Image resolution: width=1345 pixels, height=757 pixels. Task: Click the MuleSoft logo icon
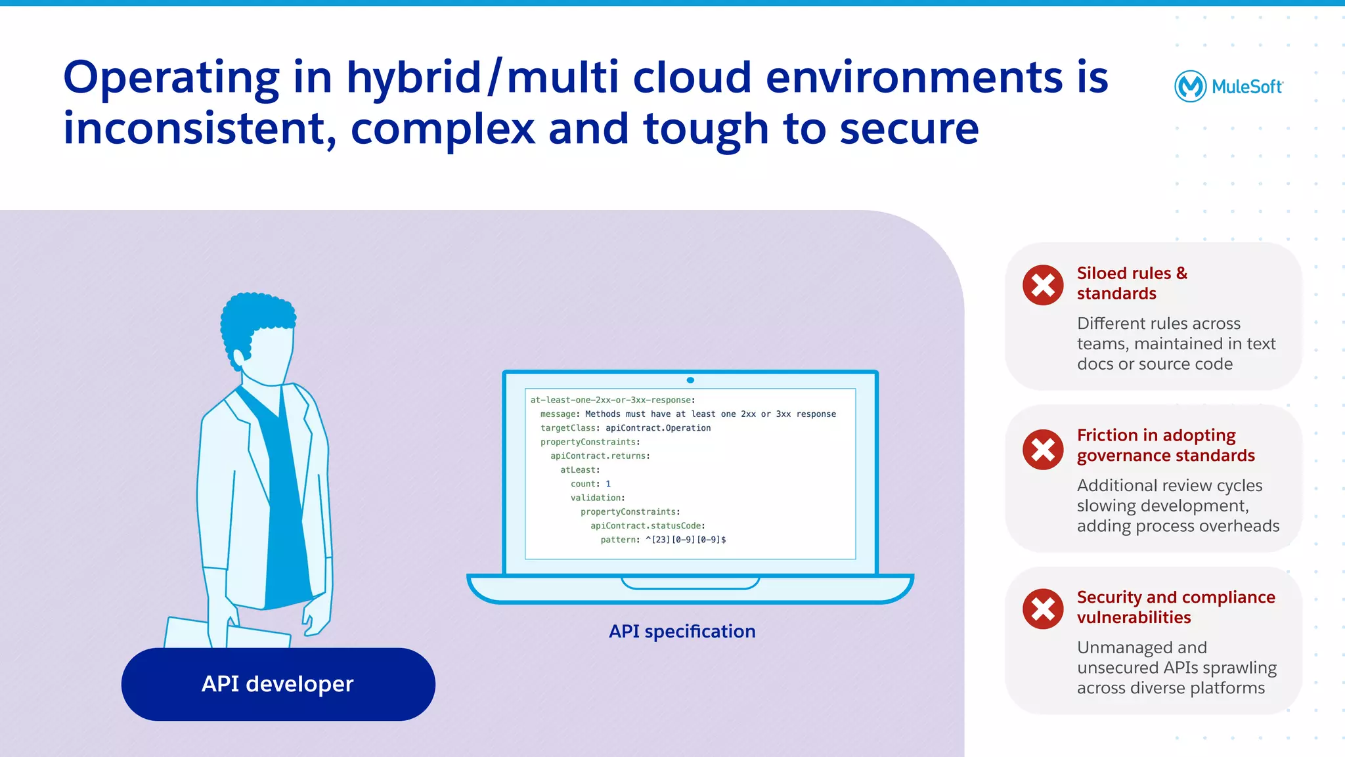click(1190, 86)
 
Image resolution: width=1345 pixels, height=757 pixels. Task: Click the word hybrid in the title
click(414, 78)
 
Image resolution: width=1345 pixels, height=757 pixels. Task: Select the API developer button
click(278, 684)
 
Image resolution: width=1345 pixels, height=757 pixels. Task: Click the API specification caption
click(682, 631)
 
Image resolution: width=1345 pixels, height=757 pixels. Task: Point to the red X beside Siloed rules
click(1043, 285)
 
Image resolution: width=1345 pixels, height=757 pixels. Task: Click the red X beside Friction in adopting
click(1043, 450)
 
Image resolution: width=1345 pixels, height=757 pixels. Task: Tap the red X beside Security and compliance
click(1043, 609)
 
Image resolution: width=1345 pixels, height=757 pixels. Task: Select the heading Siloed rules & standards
click(1132, 283)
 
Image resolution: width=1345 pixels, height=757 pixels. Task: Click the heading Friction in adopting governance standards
click(1165, 445)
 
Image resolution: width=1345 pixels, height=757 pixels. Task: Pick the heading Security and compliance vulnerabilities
click(1175, 607)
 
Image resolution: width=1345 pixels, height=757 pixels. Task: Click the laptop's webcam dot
click(690, 380)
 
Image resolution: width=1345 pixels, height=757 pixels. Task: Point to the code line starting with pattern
click(663, 540)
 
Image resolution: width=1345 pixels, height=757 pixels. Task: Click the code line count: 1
click(590, 484)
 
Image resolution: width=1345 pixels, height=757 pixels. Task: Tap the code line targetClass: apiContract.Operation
click(625, 428)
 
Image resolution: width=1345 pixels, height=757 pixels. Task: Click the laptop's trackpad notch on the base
click(690, 583)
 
